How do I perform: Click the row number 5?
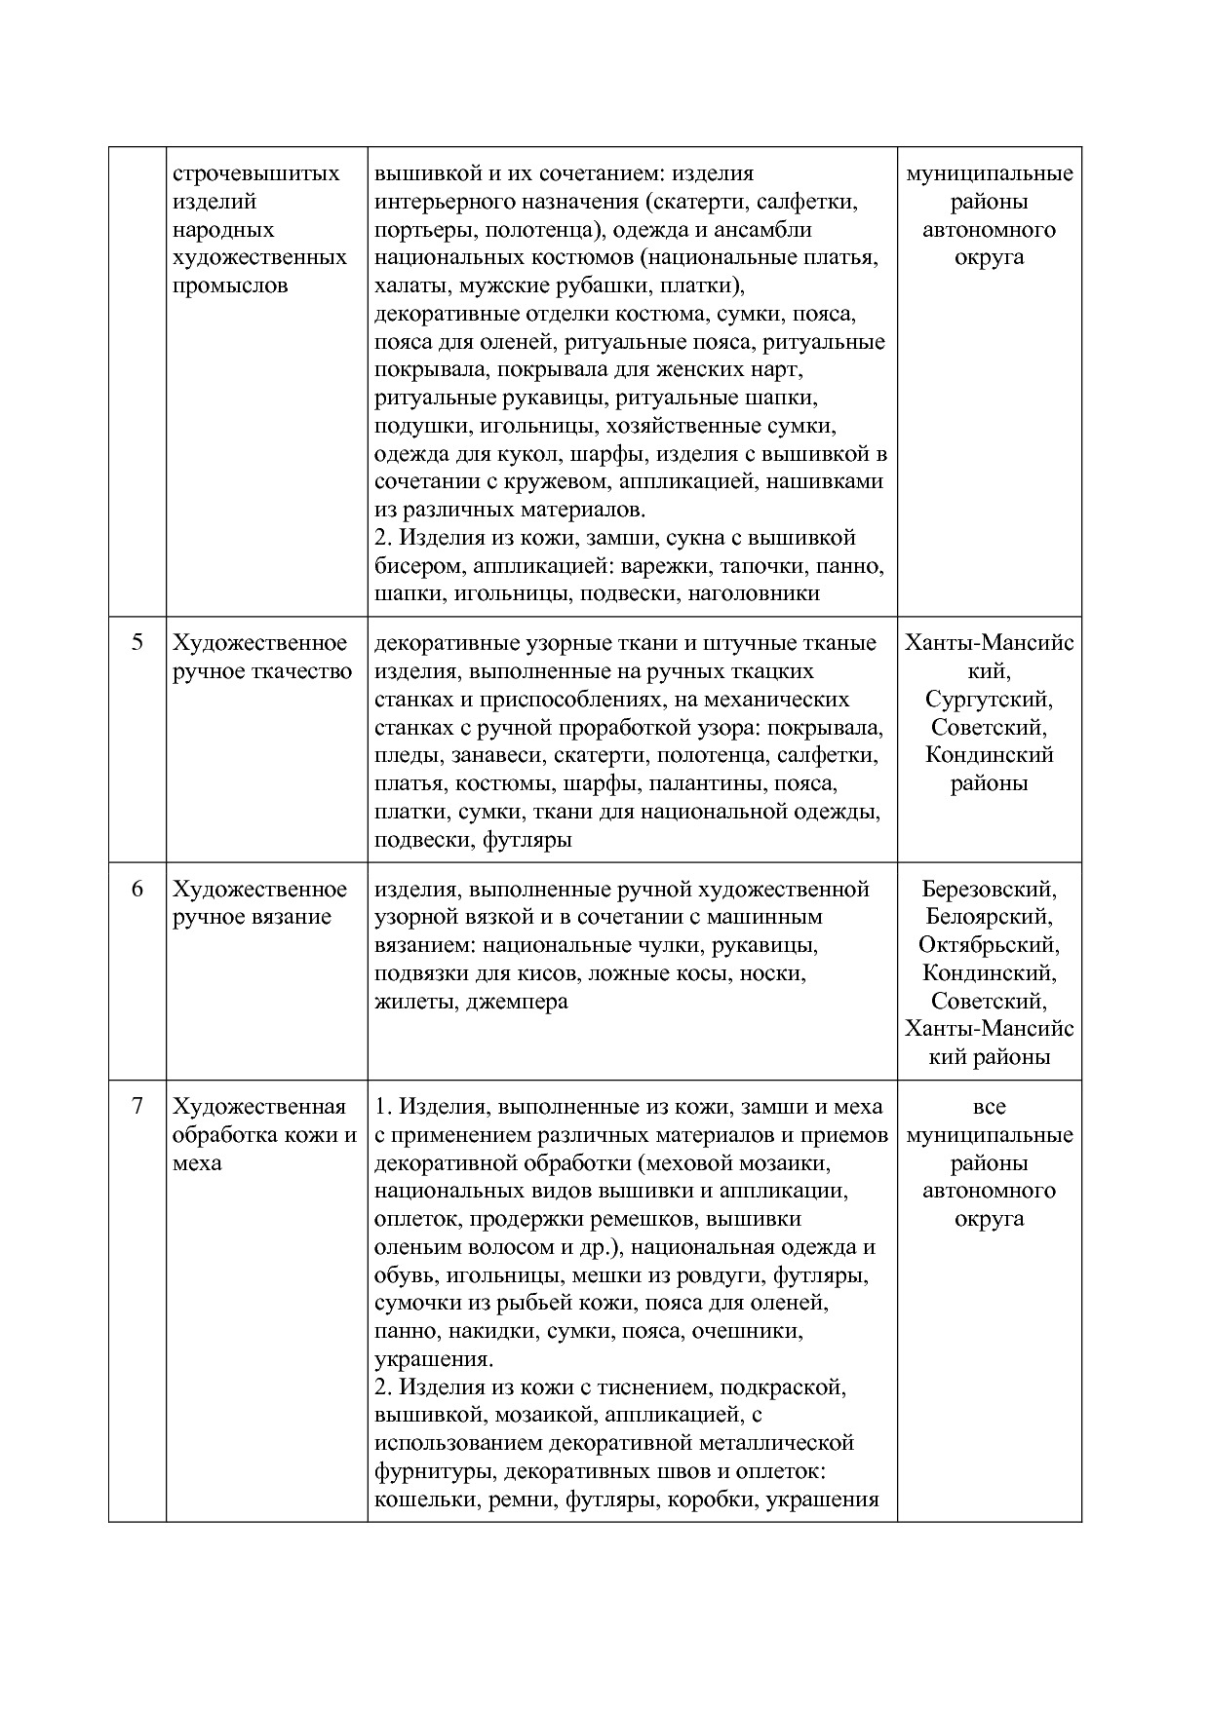[x=136, y=642]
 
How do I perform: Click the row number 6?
[x=136, y=889]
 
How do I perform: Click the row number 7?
[x=136, y=1106]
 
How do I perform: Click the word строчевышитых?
[x=256, y=173]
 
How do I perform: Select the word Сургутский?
[x=989, y=700]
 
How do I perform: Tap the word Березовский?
[x=989, y=889]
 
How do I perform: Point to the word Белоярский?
[x=989, y=917]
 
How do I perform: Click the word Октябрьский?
[x=989, y=945]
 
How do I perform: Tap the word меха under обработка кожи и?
[x=197, y=1162]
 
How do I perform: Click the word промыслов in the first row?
[x=230, y=286]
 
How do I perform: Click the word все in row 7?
[x=989, y=1107]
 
